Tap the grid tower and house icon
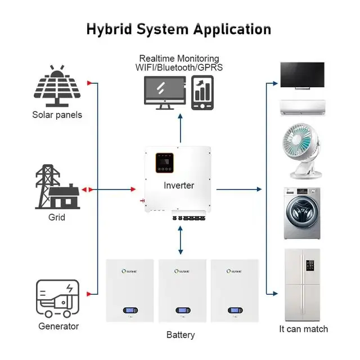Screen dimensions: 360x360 pyautogui.click(x=56, y=187)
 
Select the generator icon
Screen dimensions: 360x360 pyautogui.click(x=57, y=298)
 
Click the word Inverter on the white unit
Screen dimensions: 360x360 pyautogui.click(x=178, y=185)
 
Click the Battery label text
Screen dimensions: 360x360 pyautogui.click(x=181, y=335)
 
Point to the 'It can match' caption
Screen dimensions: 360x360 pyautogui.click(x=303, y=329)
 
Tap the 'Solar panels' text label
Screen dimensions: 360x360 pyautogui.click(x=57, y=115)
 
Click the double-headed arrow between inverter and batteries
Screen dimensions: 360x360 pyautogui.click(x=181, y=242)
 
